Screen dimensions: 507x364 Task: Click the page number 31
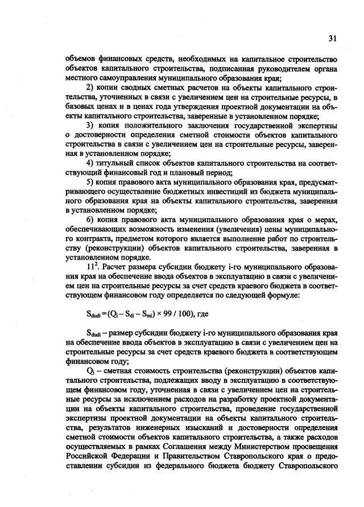click(332, 38)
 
